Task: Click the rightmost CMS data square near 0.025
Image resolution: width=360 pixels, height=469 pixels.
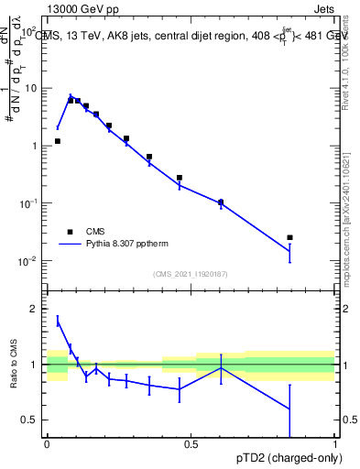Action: click(289, 237)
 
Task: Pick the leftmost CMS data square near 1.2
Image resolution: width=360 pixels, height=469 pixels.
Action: click(58, 141)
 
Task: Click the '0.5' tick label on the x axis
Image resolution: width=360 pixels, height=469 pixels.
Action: click(191, 444)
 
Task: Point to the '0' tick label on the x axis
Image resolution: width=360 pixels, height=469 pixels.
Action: click(47, 444)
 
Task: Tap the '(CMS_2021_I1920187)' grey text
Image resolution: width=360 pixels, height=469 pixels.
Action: click(191, 274)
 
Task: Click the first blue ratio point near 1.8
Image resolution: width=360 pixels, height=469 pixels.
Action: click(58, 321)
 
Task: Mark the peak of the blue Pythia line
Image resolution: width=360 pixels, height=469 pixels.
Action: click(71, 94)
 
